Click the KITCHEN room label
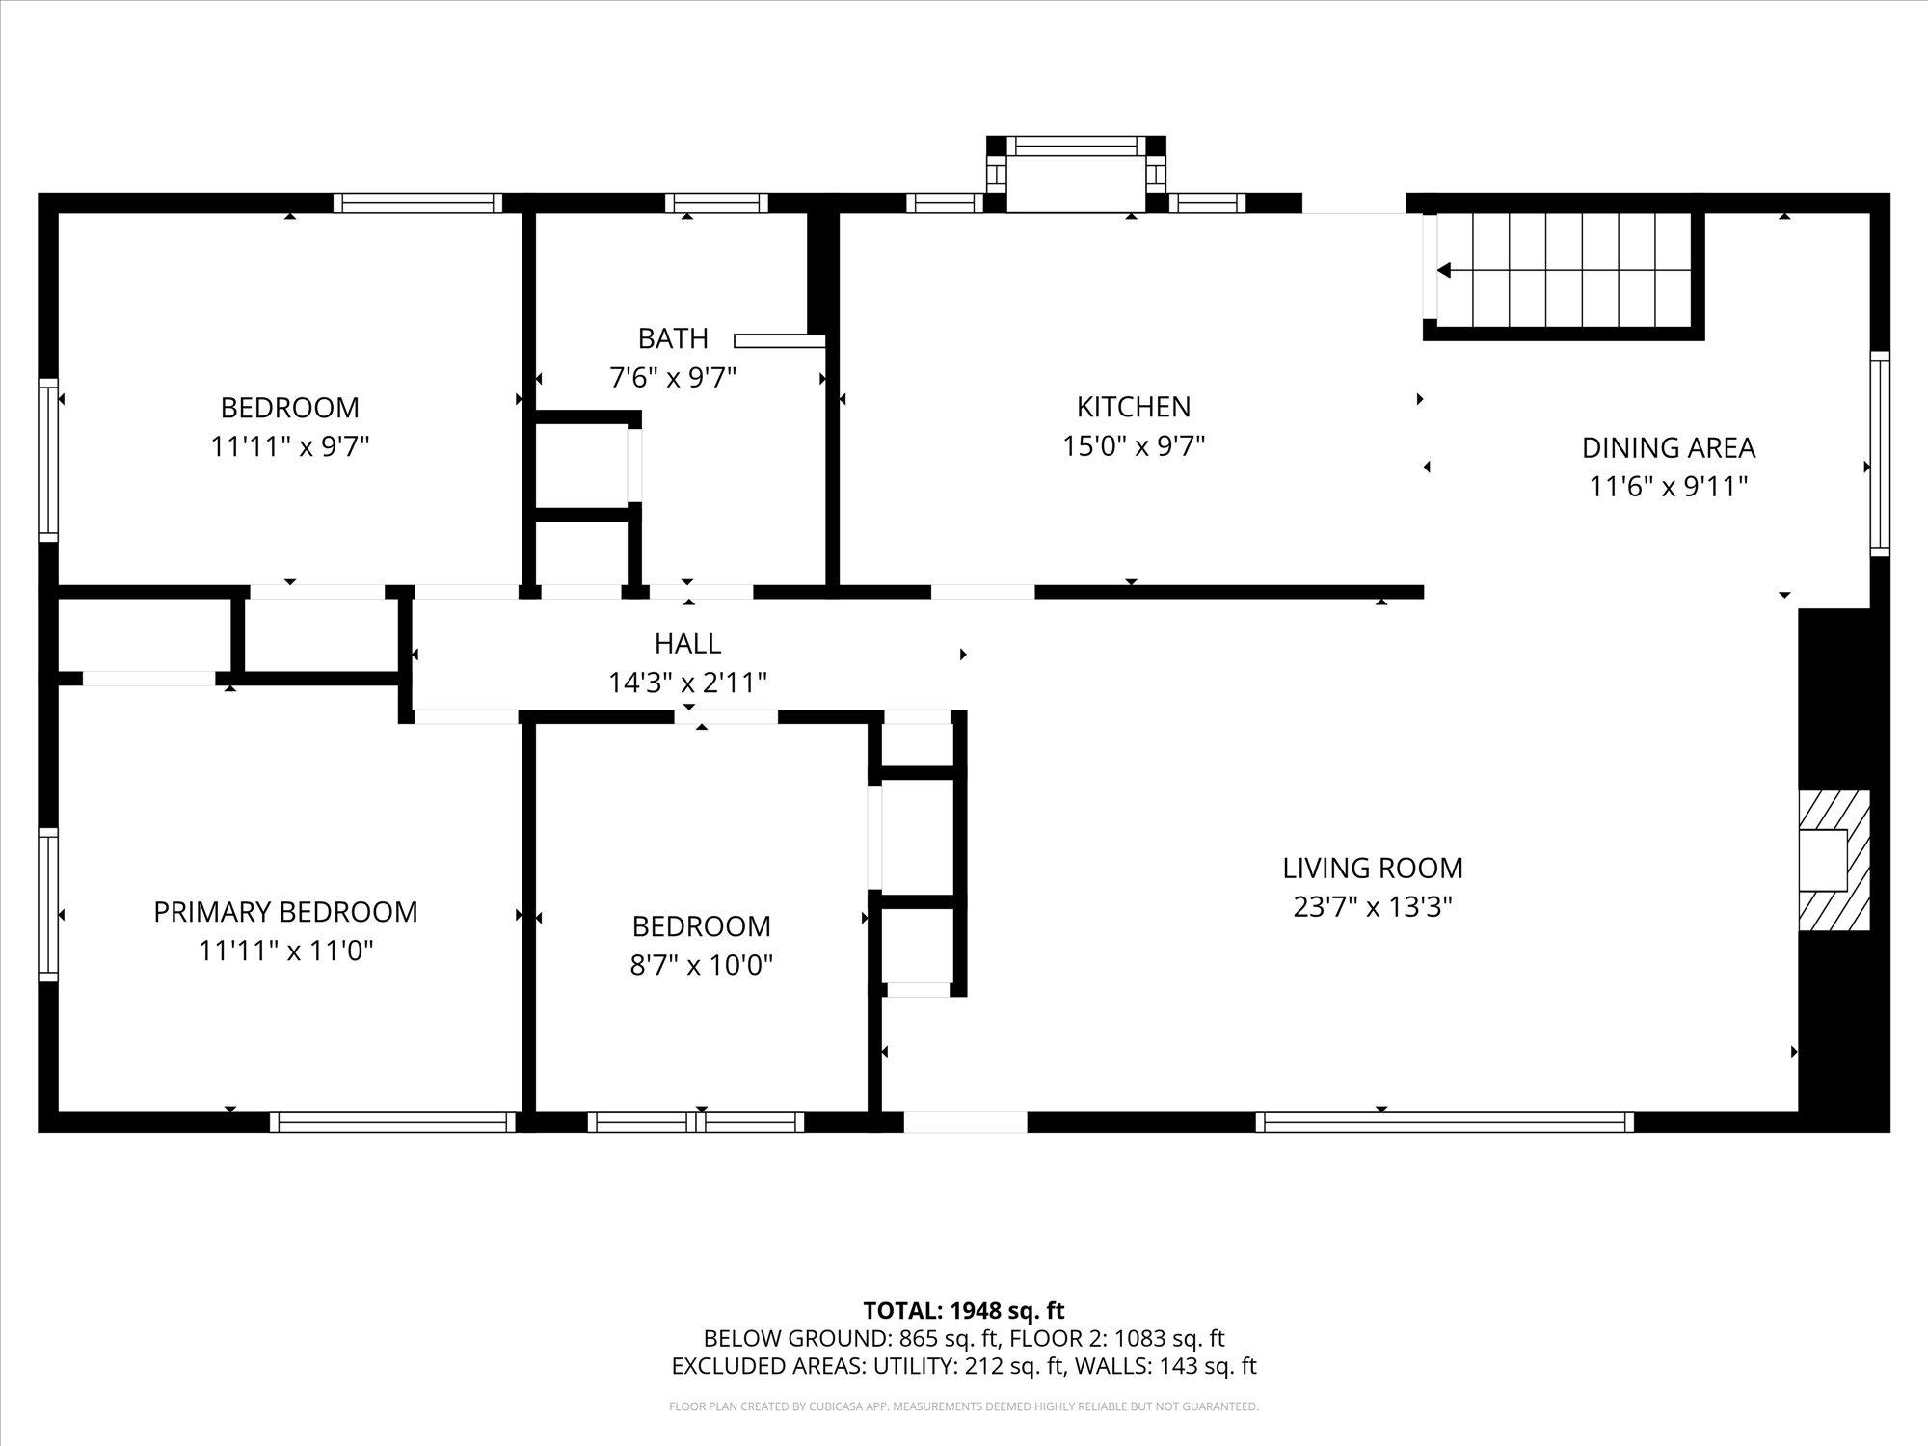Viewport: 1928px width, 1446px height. [x=1133, y=407]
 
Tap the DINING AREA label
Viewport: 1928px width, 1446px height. [x=1668, y=448]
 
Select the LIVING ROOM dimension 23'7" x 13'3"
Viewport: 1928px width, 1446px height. [x=1373, y=907]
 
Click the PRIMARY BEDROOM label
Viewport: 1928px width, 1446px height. [x=285, y=912]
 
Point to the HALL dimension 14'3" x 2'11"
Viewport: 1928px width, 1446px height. [x=687, y=683]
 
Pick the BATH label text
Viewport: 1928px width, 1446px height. [x=673, y=338]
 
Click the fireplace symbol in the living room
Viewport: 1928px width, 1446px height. [x=1834, y=860]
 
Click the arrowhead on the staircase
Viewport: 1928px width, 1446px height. [x=1444, y=271]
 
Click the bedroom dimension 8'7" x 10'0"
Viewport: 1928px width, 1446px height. [x=701, y=965]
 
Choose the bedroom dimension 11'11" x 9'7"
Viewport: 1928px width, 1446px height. [x=290, y=447]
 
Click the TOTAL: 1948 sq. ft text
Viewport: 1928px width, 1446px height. [x=964, y=1311]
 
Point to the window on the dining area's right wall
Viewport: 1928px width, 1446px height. [x=1880, y=453]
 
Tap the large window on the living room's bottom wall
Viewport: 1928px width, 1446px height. [x=1444, y=1122]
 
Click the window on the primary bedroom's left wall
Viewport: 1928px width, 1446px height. [x=47, y=904]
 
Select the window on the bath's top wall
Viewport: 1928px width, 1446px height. [x=716, y=202]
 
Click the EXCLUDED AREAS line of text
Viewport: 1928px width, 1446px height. [x=964, y=1366]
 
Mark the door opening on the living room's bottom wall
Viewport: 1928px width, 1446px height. [x=964, y=1122]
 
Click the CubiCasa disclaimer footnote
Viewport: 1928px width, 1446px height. [x=964, y=1406]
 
